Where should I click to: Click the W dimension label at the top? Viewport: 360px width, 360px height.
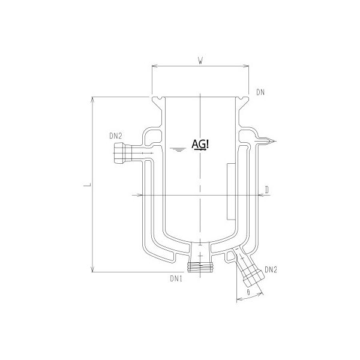(200, 59)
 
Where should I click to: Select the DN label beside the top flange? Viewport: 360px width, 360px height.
(260, 92)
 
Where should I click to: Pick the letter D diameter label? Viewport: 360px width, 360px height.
(266, 190)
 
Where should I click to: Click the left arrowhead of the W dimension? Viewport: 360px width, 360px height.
(154, 67)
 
